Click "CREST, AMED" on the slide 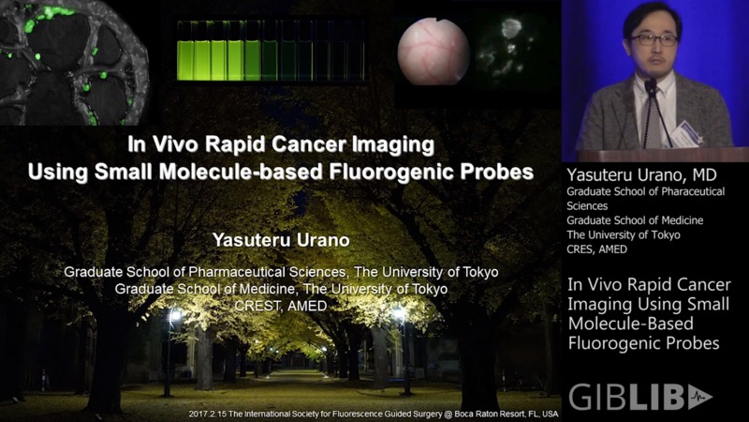[281, 307]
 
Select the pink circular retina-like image [433, 52]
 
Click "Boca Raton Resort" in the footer [468, 414]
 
